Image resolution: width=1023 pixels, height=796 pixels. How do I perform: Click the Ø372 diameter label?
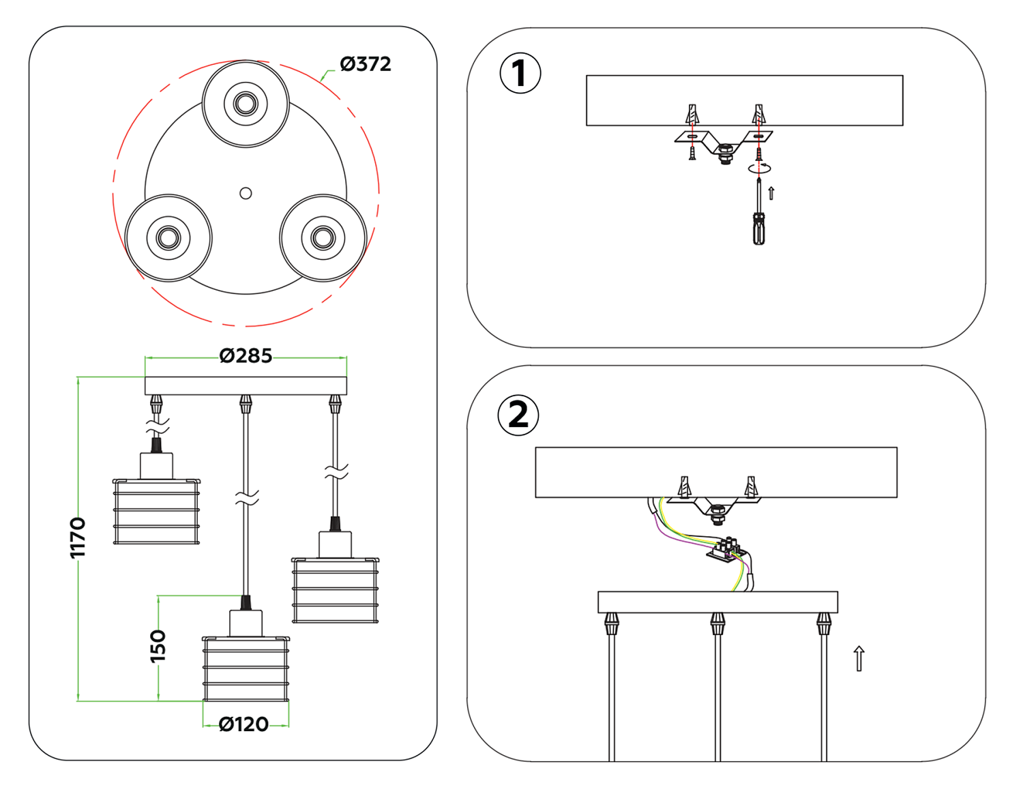(x=366, y=64)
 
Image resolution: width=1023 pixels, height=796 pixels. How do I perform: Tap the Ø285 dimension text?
(x=246, y=356)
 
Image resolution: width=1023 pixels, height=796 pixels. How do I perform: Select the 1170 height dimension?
(x=78, y=537)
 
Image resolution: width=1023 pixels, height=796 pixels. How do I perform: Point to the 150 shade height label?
(x=158, y=646)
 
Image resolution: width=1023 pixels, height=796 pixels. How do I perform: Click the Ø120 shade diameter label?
(x=243, y=724)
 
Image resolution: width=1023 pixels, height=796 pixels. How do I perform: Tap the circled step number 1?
(x=520, y=74)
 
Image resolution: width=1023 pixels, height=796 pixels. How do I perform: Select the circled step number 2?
(x=518, y=415)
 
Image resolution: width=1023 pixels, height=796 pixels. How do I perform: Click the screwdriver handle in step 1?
(x=758, y=229)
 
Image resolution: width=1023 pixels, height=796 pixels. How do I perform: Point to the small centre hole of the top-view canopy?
(x=246, y=194)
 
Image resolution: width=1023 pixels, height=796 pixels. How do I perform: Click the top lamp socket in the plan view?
(x=246, y=104)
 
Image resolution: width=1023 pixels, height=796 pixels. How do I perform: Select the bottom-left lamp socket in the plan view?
(x=168, y=238)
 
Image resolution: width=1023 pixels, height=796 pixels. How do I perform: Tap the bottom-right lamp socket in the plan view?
(x=323, y=238)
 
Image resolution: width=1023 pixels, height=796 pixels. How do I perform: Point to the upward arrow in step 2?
(x=859, y=658)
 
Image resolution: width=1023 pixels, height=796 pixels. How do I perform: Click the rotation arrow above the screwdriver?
(x=759, y=167)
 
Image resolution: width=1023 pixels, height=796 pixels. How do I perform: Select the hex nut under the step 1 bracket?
(x=726, y=151)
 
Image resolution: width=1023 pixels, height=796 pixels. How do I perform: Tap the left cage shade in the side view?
(x=156, y=512)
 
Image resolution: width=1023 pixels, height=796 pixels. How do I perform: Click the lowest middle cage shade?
(x=246, y=668)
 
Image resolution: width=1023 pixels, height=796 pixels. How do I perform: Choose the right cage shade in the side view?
(x=335, y=590)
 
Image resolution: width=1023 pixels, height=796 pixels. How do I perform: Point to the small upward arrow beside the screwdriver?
(x=771, y=193)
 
